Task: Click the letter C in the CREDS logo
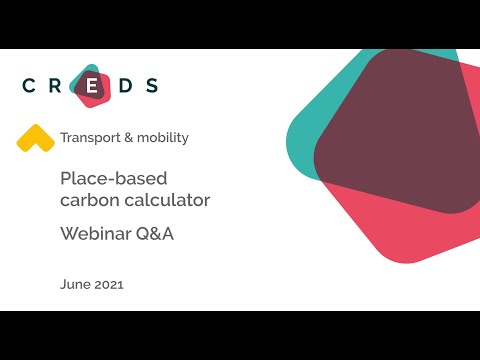pos(30,86)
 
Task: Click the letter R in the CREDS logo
pos(61,86)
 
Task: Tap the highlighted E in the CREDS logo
pos(92,86)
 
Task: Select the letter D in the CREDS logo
pos(123,86)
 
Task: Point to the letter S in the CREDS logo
pos(152,86)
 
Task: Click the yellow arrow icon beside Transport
pos(35,138)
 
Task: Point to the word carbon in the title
pos(88,200)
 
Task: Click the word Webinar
pos(95,236)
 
